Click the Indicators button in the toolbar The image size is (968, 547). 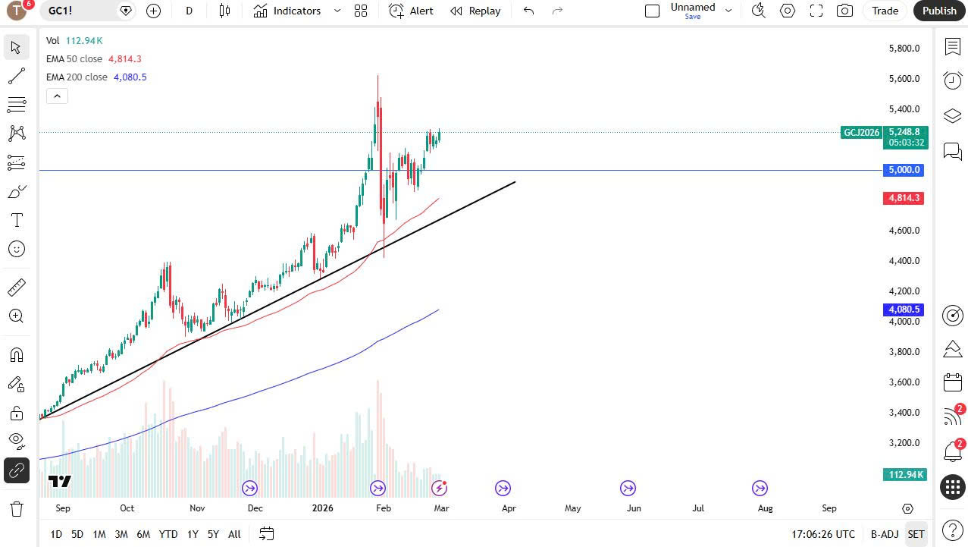pos(288,11)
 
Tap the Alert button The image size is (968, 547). pos(412,11)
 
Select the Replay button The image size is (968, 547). pos(475,11)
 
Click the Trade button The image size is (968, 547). pos(885,11)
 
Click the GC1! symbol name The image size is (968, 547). pos(61,11)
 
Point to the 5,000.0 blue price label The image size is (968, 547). pos(904,170)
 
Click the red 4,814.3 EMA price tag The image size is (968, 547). pos(904,198)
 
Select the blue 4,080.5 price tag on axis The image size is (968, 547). pos(904,310)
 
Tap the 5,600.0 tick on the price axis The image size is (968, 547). pos(904,79)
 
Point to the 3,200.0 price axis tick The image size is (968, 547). pos(904,443)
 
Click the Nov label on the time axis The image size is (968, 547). pos(197,508)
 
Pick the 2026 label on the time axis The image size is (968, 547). pos(323,508)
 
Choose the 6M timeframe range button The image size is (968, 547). pos(143,534)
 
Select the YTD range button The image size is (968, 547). pos(168,534)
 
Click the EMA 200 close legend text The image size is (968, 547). pos(77,77)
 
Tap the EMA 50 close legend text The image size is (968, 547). pos(74,59)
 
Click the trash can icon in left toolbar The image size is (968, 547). pos(17,508)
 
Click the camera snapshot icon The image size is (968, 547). pos(844,11)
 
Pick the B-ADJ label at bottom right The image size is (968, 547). pos(884,534)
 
